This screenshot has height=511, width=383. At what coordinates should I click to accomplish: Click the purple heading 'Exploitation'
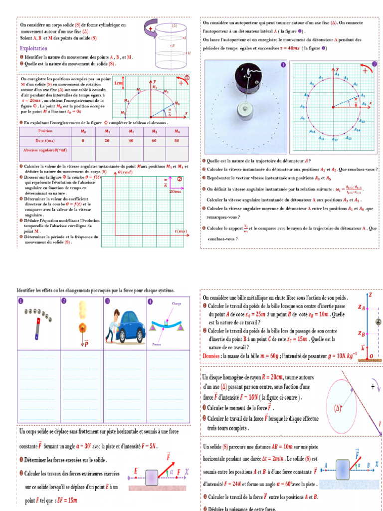click(x=33, y=48)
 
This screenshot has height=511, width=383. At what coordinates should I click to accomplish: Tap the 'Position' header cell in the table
click(x=45, y=131)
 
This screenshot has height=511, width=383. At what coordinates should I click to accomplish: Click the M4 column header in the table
click(x=176, y=131)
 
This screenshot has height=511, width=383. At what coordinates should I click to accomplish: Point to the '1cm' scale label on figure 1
click(x=118, y=83)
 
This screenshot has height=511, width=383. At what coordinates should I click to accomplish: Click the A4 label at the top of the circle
click(x=337, y=73)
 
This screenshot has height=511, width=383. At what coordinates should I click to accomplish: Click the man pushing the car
click(x=112, y=324)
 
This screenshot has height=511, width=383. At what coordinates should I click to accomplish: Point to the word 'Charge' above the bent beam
click(x=177, y=303)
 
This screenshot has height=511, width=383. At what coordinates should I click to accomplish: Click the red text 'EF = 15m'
click(x=66, y=500)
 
